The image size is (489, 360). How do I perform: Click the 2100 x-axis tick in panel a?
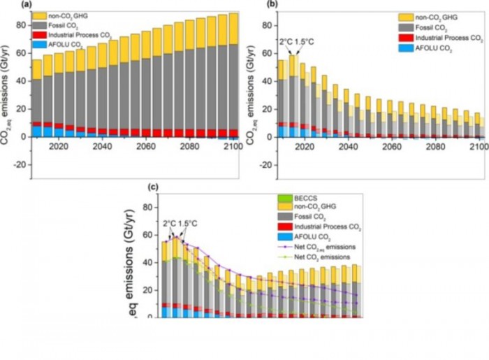(x=231, y=148)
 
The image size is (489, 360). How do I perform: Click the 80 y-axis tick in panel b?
(x=267, y=24)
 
